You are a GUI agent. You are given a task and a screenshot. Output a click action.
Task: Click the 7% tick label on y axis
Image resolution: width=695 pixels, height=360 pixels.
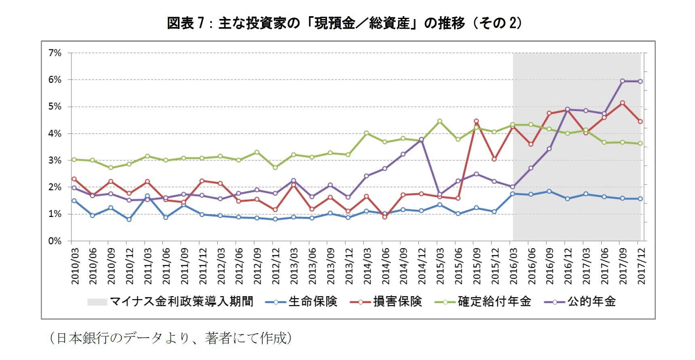(55, 53)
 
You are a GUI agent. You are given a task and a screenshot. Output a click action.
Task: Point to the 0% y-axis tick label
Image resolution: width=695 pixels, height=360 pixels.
(55, 241)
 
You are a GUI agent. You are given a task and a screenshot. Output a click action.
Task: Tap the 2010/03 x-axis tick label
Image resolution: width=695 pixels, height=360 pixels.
(75, 266)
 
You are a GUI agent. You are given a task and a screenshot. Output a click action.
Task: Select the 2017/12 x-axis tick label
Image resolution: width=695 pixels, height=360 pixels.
(641, 266)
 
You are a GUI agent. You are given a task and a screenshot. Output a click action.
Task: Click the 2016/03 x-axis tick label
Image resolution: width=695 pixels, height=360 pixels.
(513, 266)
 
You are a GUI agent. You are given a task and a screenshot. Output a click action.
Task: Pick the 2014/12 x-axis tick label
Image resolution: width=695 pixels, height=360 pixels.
(422, 266)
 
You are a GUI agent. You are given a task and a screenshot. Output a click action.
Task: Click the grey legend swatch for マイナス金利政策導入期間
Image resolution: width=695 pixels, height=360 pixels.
(97, 302)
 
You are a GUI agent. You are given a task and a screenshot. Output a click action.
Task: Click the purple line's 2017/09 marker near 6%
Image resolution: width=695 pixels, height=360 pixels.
(622, 81)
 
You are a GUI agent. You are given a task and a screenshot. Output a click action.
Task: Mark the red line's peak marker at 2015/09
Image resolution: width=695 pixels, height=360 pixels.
(476, 121)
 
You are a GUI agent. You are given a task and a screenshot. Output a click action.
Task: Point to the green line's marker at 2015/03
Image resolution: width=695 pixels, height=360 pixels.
(439, 121)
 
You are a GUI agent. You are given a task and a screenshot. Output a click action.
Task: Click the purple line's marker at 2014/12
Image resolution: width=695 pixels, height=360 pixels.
(421, 139)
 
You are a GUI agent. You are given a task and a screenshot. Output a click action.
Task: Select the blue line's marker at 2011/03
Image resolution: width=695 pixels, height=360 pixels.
(147, 196)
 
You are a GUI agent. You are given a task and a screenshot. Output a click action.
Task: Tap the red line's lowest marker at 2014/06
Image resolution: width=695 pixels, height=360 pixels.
(384, 217)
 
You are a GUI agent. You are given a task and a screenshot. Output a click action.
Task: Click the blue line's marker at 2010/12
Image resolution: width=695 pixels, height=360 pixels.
(129, 219)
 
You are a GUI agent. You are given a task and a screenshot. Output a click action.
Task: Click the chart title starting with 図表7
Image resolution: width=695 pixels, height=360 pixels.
(344, 23)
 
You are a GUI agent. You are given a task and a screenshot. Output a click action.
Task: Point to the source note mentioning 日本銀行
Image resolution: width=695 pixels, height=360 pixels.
(170, 338)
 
